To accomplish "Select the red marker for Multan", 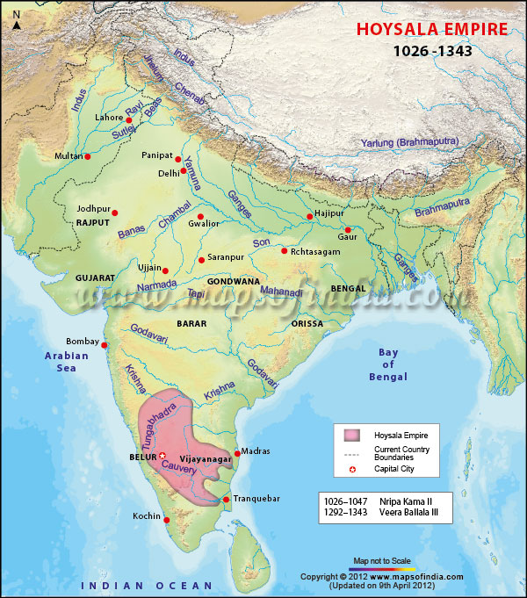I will coord(88,157).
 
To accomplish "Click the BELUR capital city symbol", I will coord(162,456).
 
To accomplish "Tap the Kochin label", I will coord(148,516).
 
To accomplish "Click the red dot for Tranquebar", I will coord(226,500).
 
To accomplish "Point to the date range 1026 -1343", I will coord(432,51).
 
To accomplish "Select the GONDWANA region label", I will coord(233,282).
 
